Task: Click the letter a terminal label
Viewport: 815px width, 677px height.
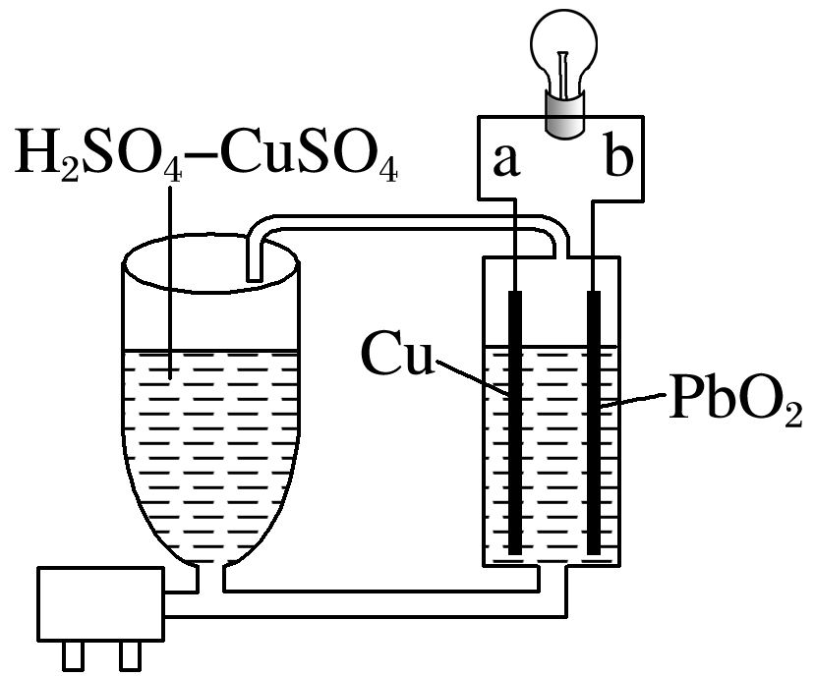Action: point(505,160)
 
